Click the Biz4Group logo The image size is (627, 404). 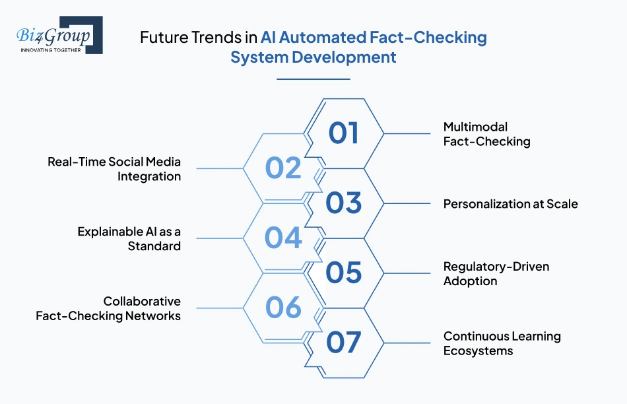tap(59, 35)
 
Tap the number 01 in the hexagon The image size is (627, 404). tap(343, 133)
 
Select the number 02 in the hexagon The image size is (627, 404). tap(283, 168)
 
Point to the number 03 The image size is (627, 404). tap(343, 203)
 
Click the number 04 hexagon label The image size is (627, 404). tap(283, 238)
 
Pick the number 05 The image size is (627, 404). tap(343, 273)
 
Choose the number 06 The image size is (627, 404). tap(283, 307)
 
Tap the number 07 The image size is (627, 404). tap(343, 343)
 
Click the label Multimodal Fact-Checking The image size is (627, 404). tap(486, 134)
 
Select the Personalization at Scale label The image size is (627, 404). tap(511, 204)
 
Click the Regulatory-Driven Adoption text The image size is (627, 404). tap(496, 273)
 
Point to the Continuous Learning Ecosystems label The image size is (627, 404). tap(502, 343)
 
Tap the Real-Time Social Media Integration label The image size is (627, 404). tap(114, 169)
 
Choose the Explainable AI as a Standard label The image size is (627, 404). tap(129, 238)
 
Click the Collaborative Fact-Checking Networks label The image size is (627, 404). tap(108, 308)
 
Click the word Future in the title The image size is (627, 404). tap(164, 38)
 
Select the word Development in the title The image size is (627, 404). tap(344, 57)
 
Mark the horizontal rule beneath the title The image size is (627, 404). tap(313, 79)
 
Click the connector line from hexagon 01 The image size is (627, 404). tap(407, 133)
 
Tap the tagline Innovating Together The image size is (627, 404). tap(51, 50)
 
